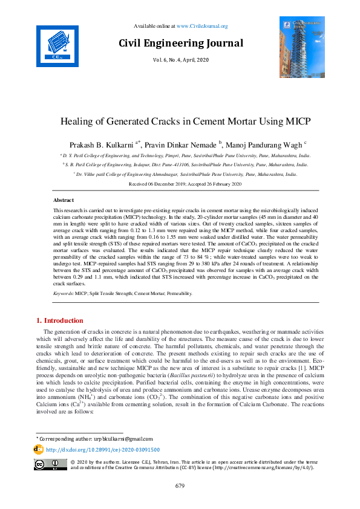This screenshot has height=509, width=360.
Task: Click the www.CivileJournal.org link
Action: tap(202, 26)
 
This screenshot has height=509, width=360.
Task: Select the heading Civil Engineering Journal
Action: tap(181, 43)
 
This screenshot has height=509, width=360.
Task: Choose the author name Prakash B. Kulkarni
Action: tap(106, 144)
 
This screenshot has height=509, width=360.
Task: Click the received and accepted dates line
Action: tap(181, 183)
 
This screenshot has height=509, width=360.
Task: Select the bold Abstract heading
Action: tap(64, 199)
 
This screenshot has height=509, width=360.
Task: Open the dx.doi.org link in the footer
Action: tap(103, 450)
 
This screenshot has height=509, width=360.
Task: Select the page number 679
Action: tap(180, 486)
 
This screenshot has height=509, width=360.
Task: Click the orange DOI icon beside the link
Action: tap(39, 450)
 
